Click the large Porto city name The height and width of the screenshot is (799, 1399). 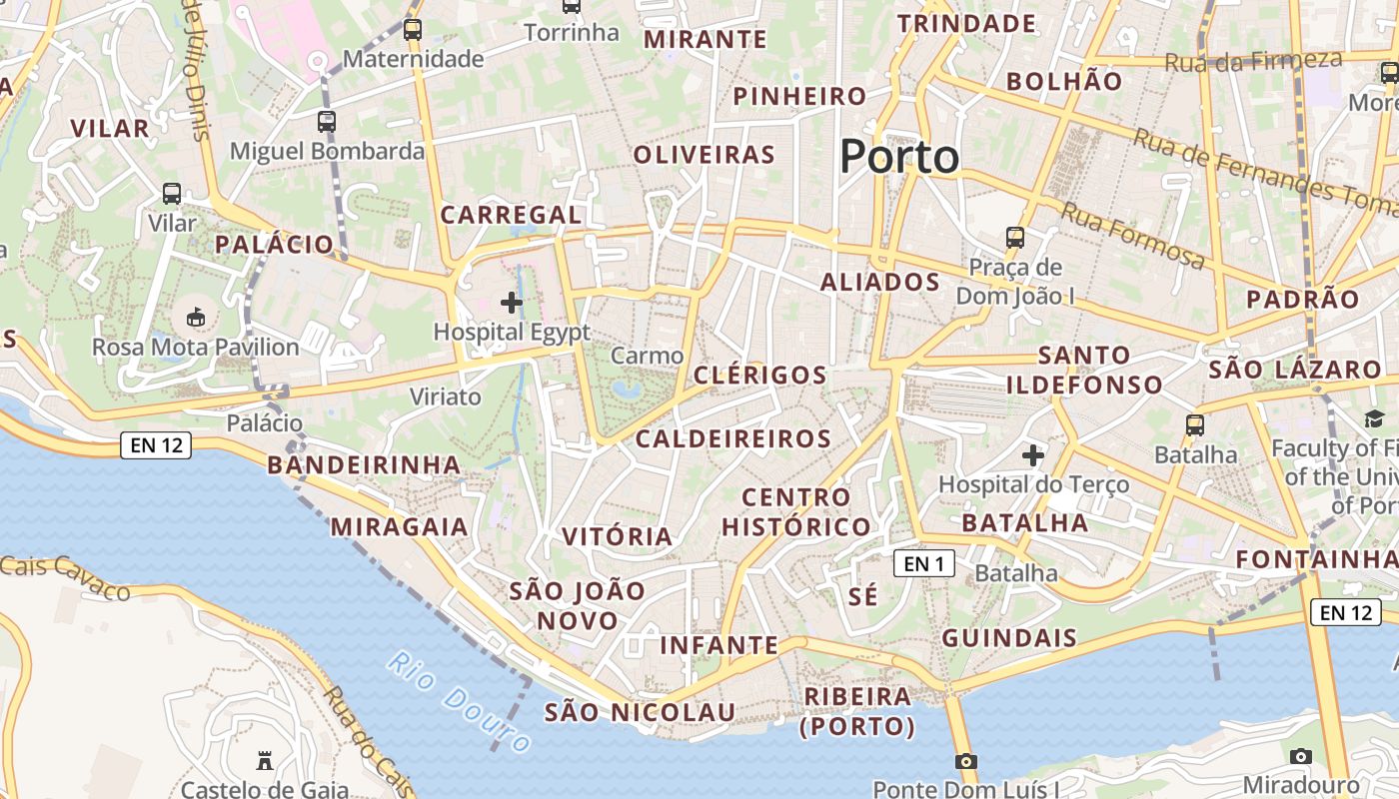point(899,157)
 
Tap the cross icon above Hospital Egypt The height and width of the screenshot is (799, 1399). point(512,302)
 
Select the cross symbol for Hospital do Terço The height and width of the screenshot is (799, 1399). point(1033,455)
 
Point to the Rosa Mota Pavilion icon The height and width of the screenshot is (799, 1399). point(196,318)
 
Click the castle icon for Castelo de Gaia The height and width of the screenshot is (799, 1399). point(265,761)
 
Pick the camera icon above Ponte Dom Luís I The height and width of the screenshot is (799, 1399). point(965,761)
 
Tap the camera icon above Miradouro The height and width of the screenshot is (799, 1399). point(1300,756)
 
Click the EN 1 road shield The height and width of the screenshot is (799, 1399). point(923,564)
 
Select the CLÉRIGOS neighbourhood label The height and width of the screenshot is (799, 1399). point(760,376)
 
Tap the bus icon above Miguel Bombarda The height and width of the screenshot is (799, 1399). point(327,122)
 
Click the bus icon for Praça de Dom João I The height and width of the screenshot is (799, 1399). point(1015,238)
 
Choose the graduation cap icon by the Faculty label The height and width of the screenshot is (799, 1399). point(1374,419)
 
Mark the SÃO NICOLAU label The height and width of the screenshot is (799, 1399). point(640,712)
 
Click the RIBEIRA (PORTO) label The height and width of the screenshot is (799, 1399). point(857,710)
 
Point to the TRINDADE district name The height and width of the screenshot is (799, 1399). point(966,24)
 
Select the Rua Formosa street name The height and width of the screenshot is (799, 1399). point(1132,236)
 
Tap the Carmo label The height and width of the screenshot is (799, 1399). point(647,356)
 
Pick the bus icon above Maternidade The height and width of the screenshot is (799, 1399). point(412,30)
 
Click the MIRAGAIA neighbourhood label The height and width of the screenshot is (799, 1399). point(399,526)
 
